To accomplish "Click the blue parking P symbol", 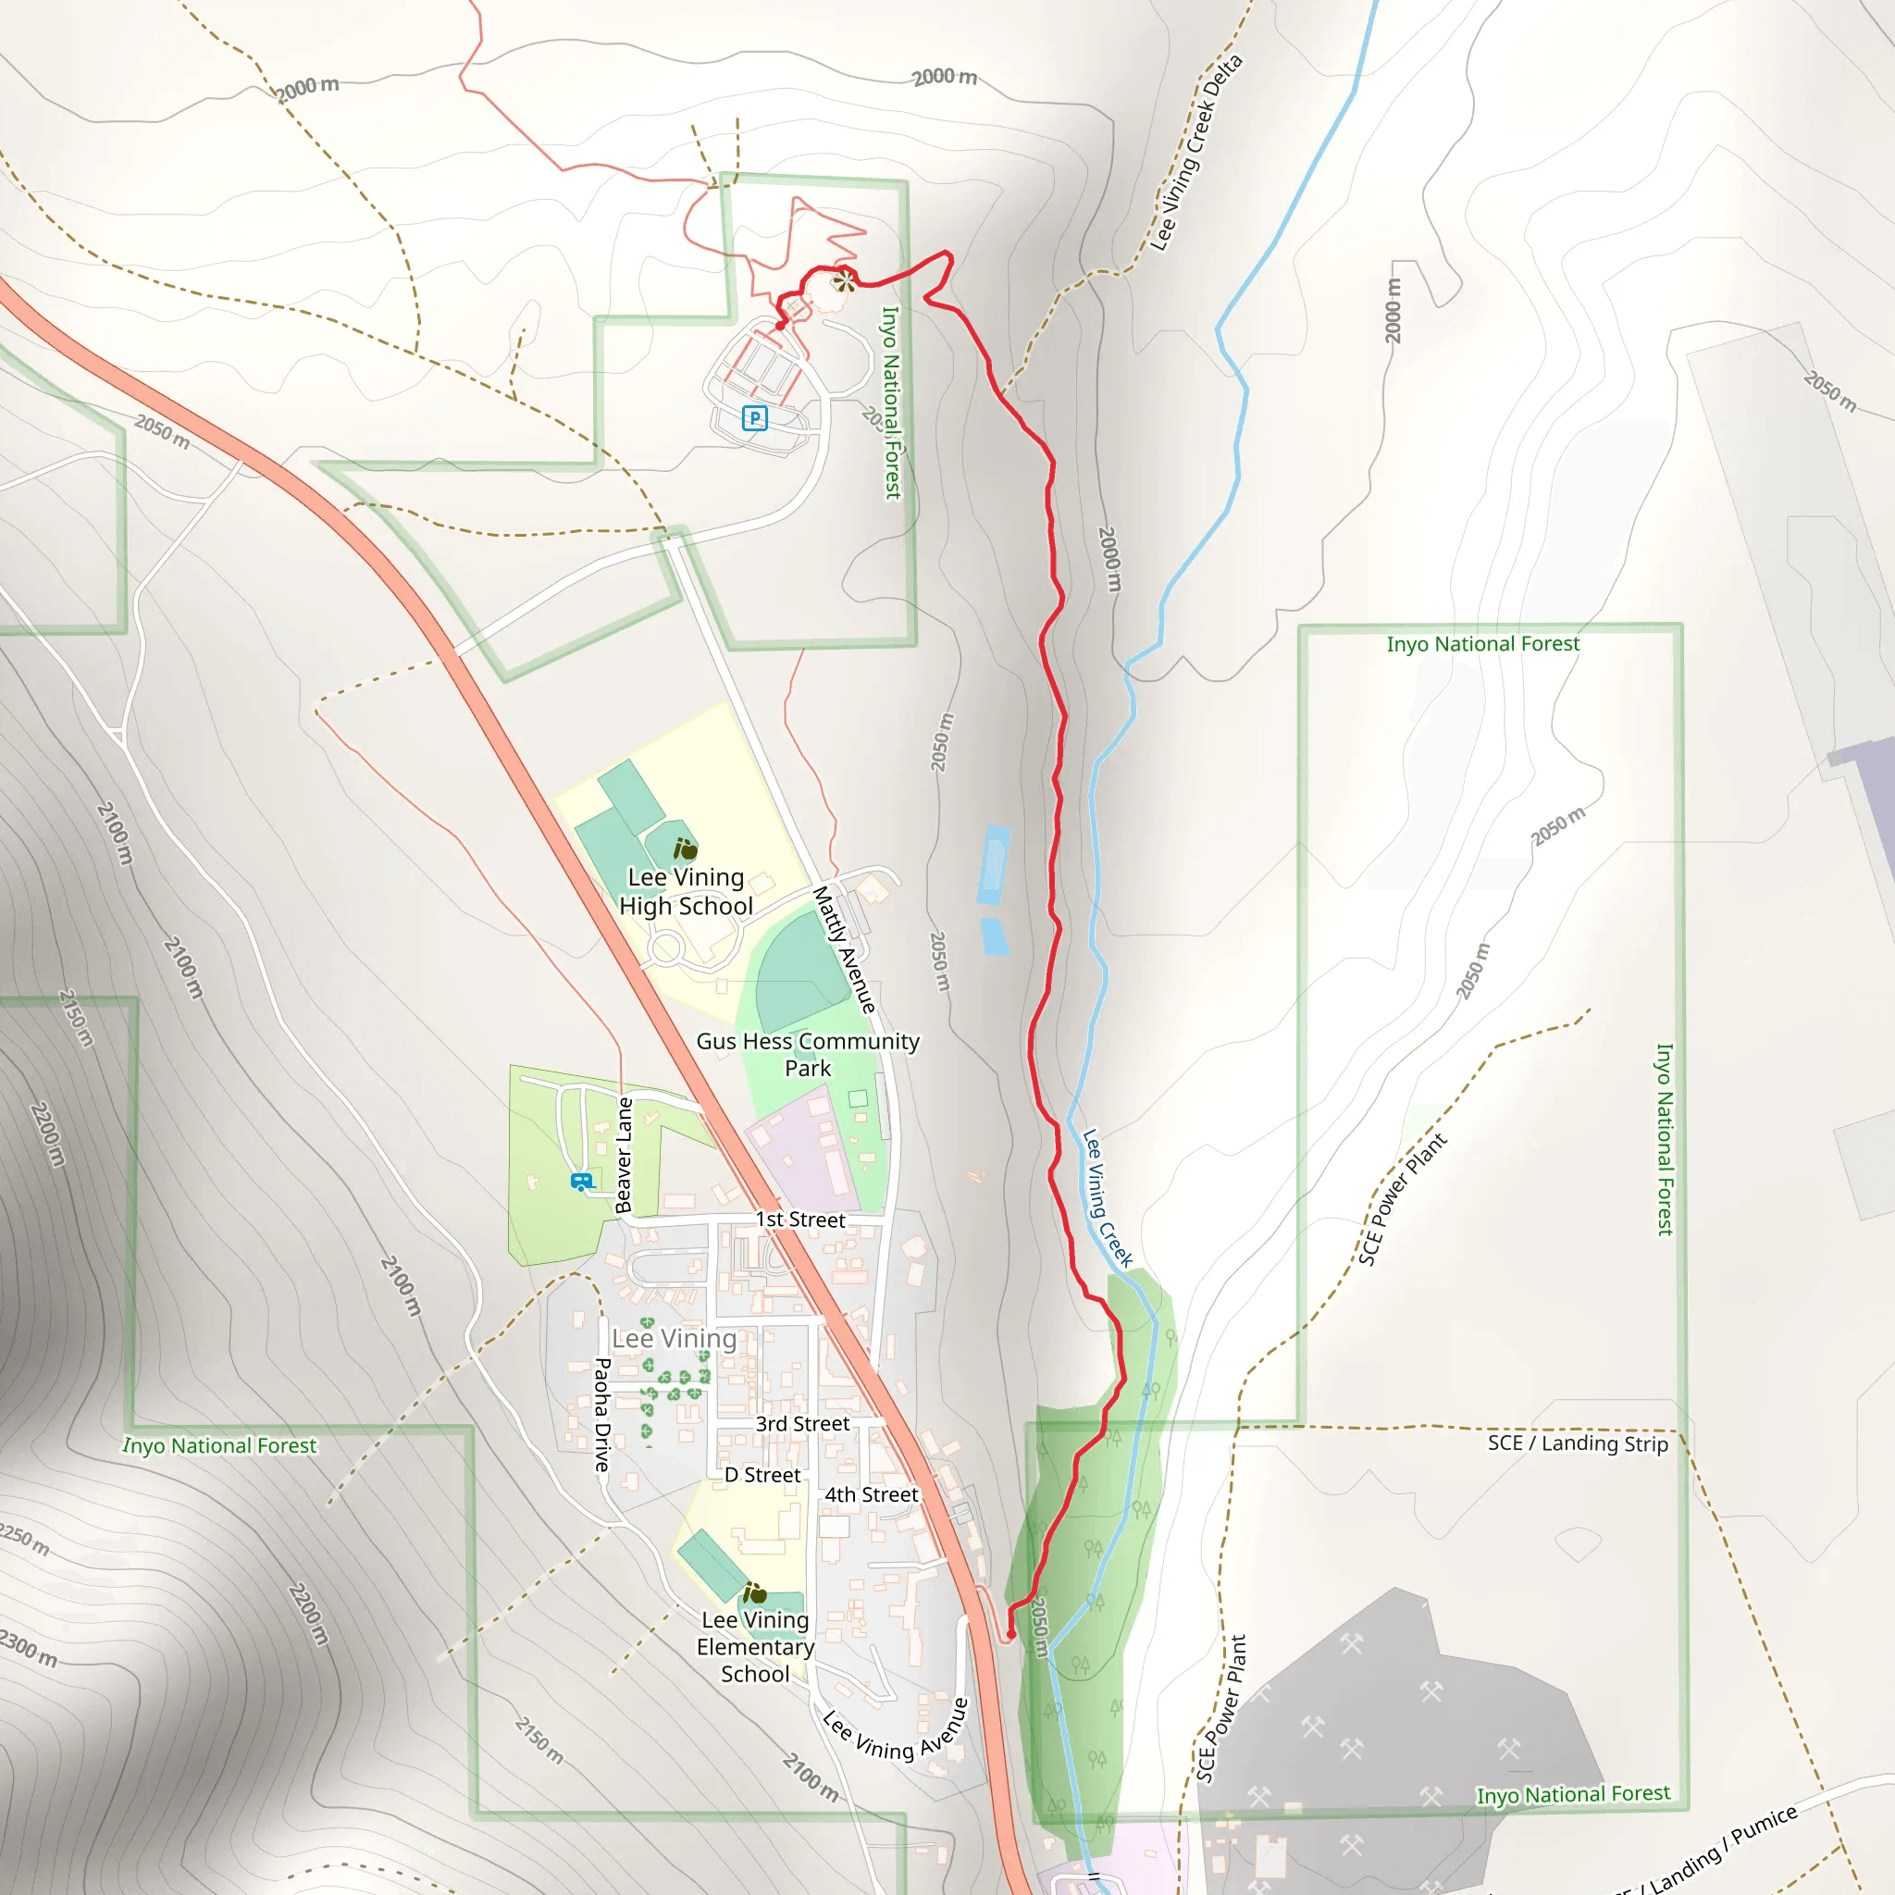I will tap(754, 419).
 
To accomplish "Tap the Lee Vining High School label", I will tap(687, 892).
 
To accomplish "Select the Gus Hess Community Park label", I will tap(807, 1055).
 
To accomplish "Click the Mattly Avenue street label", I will tap(844, 949).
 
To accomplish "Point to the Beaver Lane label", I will tap(624, 1155).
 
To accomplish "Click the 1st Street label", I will tap(799, 1220).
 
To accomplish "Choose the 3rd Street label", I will tap(802, 1423).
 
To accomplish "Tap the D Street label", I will tap(762, 1475).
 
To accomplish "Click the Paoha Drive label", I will tap(602, 1415).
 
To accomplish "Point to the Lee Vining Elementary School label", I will tap(755, 1647).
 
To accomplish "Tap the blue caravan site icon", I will tap(582, 1182).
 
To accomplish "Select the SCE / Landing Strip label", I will tap(1578, 1443).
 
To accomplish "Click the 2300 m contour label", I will tap(28, 1648).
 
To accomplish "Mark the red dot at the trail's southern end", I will tap(1010, 1635).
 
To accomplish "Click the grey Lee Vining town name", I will tap(674, 1338).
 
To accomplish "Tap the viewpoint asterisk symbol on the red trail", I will tap(844, 282).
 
